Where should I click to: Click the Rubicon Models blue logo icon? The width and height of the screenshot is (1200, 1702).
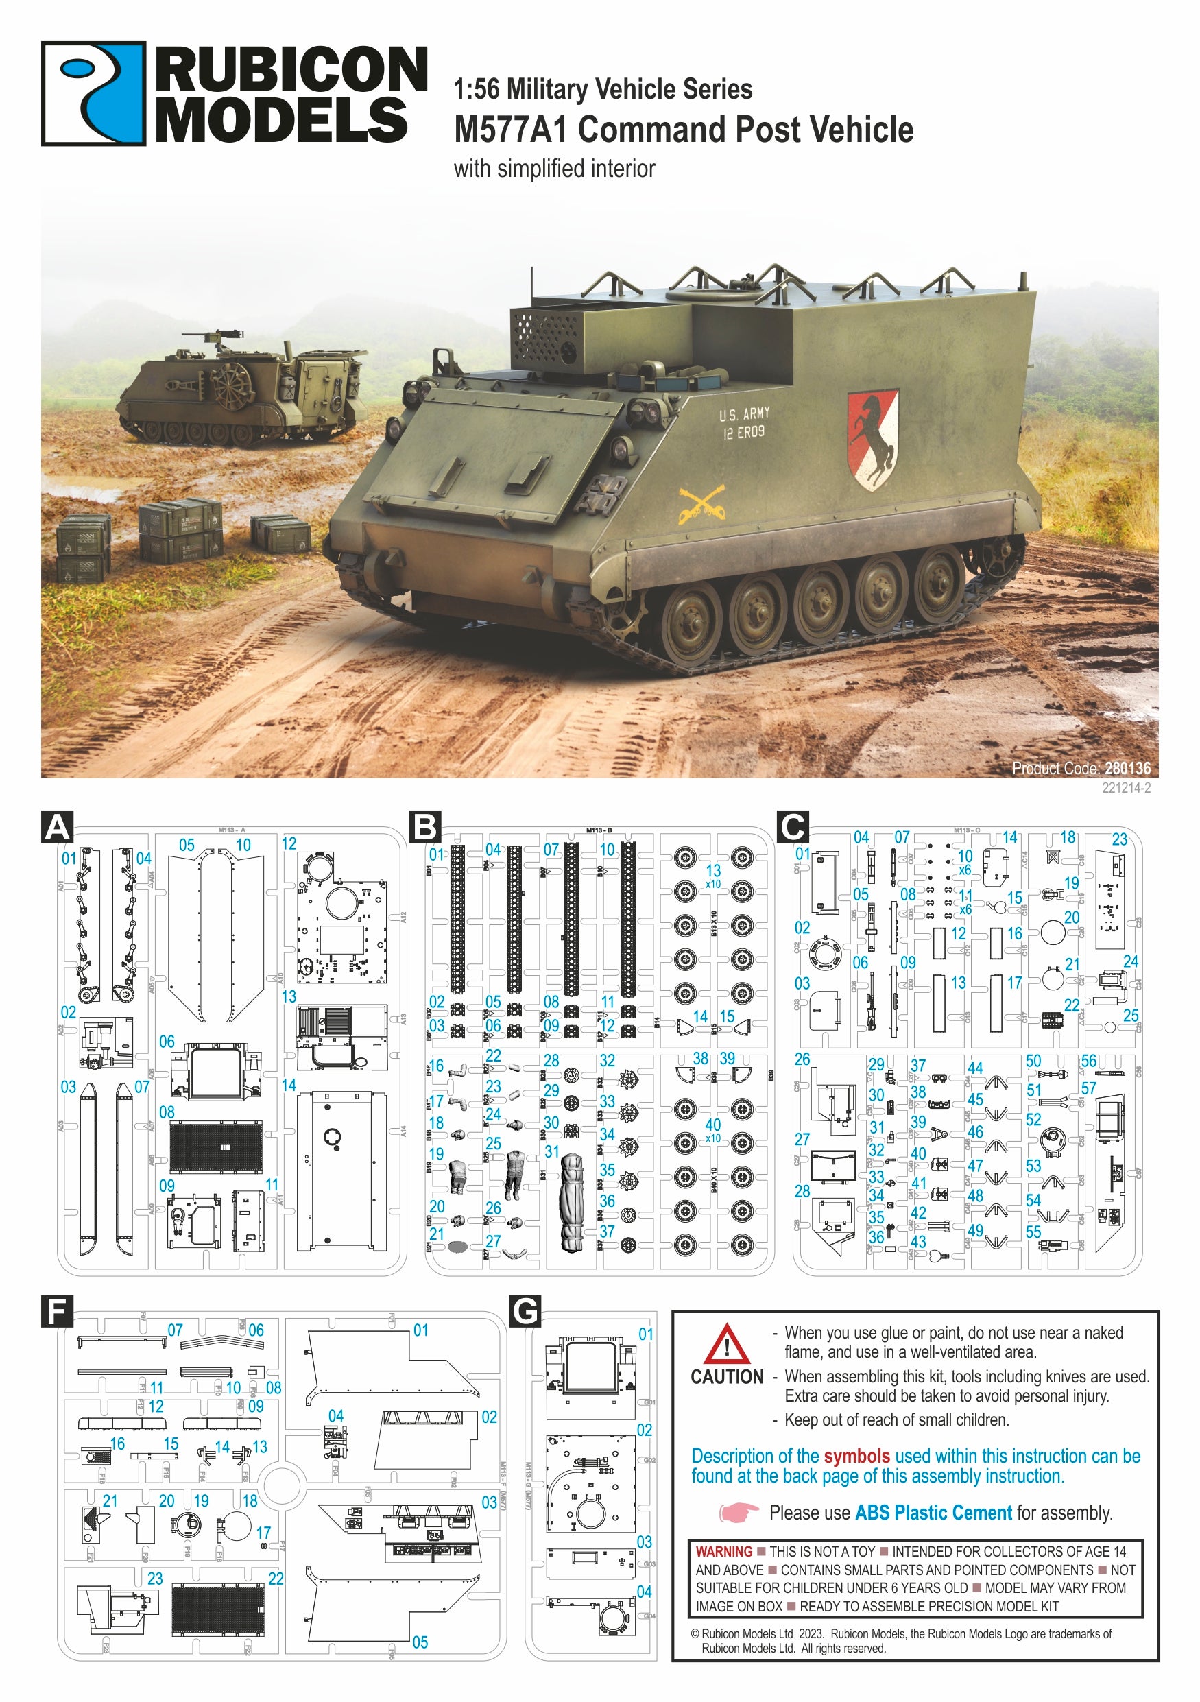point(93,93)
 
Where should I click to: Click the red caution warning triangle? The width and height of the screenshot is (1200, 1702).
point(725,1345)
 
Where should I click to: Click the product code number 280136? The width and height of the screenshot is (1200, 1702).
point(1127,768)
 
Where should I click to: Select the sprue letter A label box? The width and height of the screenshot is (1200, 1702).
point(58,826)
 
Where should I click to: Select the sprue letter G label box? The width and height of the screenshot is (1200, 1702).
point(525,1311)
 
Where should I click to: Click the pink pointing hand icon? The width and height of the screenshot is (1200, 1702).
point(739,1512)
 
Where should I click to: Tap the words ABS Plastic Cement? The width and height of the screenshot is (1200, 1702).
point(933,1512)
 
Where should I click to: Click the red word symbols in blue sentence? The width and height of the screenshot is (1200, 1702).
point(856,1456)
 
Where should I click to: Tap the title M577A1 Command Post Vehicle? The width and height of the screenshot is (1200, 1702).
point(683,130)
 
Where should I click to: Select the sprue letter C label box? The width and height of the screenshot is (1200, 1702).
point(792,826)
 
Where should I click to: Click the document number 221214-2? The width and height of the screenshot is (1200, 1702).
point(1126,788)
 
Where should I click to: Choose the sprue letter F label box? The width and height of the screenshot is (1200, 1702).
point(57,1311)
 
